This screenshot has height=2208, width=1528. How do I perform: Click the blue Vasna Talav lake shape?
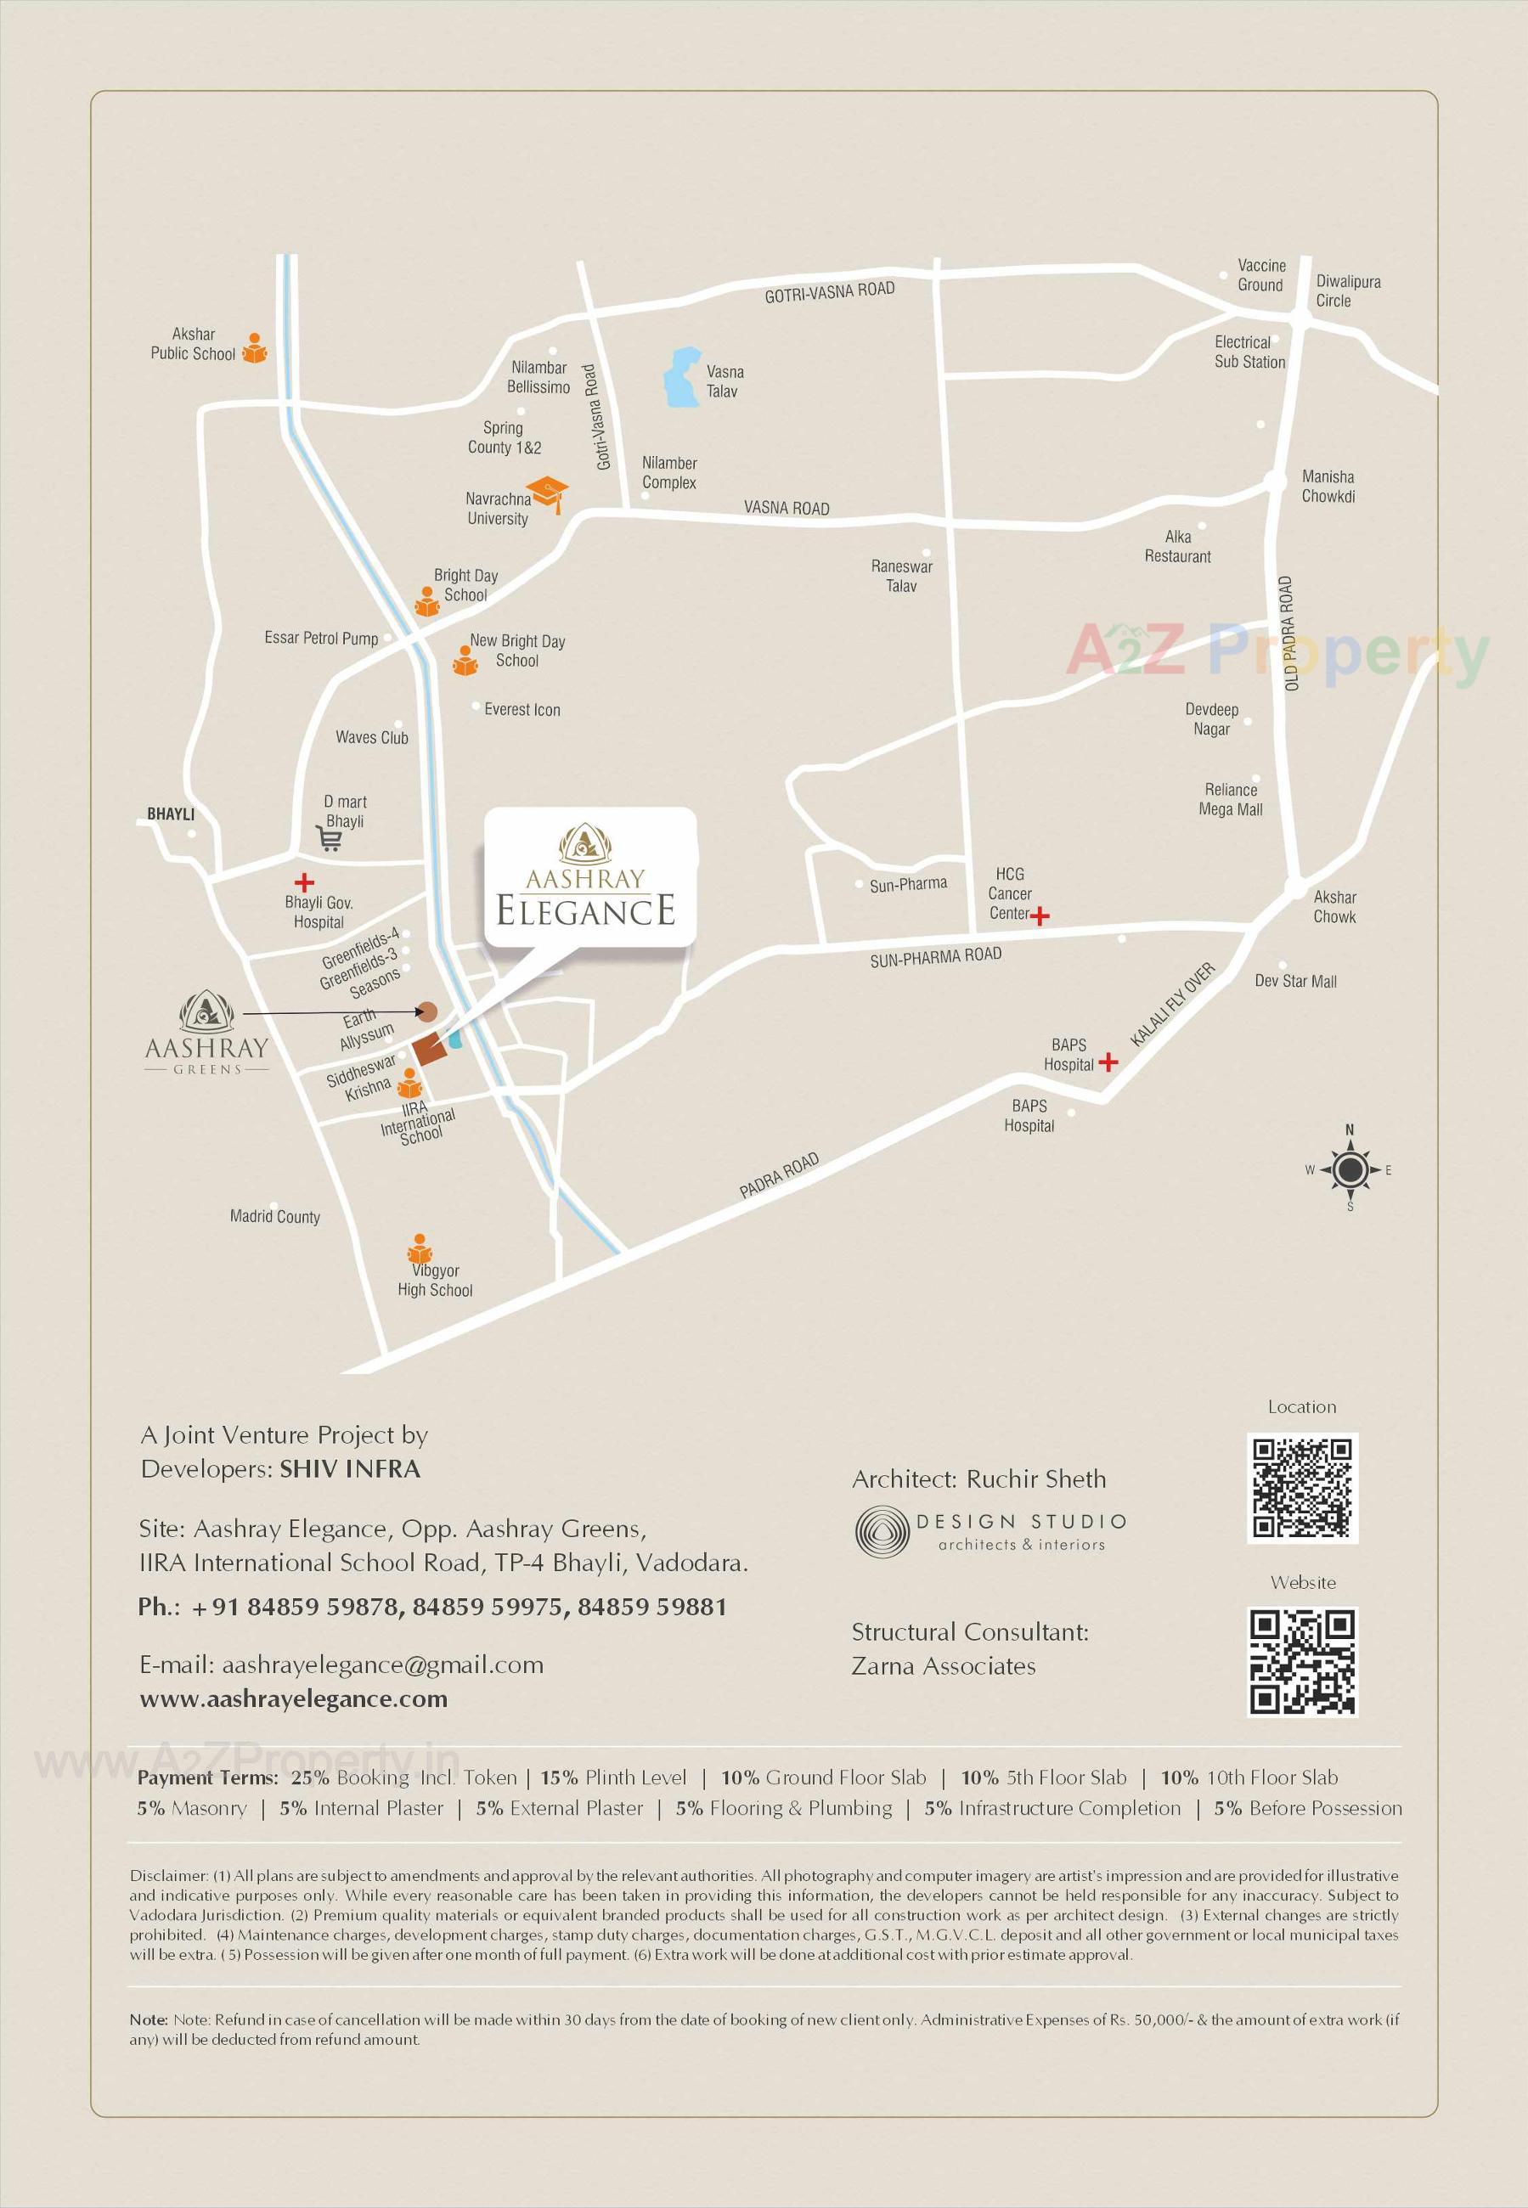click(683, 376)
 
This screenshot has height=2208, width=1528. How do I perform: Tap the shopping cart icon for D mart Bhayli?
click(329, 839)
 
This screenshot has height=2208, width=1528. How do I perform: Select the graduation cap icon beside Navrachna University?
click(548, 493)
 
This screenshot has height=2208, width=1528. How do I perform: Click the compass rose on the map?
click(1350, 1169)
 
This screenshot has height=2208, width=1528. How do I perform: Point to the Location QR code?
click(1302, 1487)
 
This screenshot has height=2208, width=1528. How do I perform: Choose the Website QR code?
click(1302, 1663)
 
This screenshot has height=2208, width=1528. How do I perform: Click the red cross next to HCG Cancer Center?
click(1040, 916)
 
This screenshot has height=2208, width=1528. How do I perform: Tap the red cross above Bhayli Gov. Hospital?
click(303, 882)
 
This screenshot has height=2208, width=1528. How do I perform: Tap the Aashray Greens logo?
click(206, 1033)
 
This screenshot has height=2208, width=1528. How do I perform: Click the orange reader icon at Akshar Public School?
click(254, 348)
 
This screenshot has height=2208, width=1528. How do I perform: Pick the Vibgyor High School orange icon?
click(419, 1250)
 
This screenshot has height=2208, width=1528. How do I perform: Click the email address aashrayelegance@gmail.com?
click(382, 1664)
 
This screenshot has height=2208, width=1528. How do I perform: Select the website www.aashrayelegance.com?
click(294, 1698)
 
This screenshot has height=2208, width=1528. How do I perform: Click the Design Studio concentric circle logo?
click(881, 1530)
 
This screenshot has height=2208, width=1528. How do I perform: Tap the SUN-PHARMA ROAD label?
click(935, 957)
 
